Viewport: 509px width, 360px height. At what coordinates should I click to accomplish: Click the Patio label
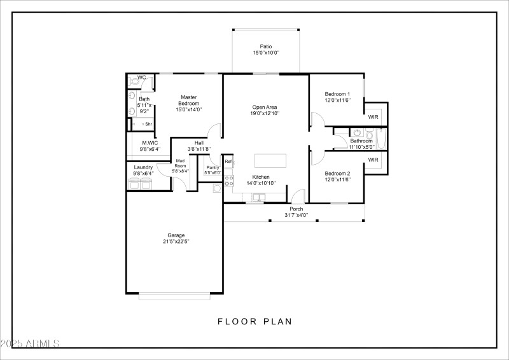click(x=266, y=46)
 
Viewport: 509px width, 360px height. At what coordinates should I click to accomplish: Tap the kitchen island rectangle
click(x=270, y=160)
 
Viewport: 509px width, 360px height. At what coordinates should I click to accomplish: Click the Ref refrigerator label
click(x=228, y=162)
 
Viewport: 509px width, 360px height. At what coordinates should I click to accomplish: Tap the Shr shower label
click(x=148, y=124)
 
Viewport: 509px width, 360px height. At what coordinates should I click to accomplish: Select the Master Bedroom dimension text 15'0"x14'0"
click(x=188, y=109)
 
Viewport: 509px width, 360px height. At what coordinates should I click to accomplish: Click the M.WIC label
click(x=150, y=143)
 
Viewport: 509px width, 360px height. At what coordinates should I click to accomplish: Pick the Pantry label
click(x=212, y=167)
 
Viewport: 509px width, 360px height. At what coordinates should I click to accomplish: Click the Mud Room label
click(x=181, y=163)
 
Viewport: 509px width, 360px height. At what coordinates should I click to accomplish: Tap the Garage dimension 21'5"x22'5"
click(x=176, y=241)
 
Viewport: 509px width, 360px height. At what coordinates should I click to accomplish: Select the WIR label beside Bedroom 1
click(x=373, y=118)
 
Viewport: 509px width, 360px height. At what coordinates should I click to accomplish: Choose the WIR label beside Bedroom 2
click(x=373, y=160)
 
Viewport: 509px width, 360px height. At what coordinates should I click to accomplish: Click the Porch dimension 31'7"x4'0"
click(x=296, y=215)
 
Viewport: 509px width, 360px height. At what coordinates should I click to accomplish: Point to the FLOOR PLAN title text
click(x=254, y=321)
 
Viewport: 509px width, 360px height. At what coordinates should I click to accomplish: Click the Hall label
click(x=199, y=143)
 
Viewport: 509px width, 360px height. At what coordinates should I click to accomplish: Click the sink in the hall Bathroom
click(x=358, y=133)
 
